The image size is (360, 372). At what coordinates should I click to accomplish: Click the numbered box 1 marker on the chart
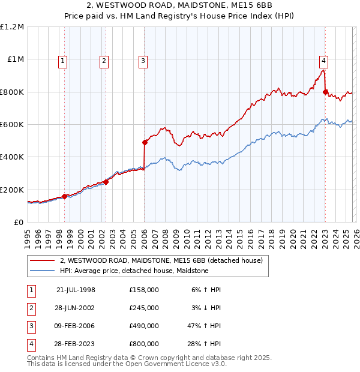click(x=64, y=60)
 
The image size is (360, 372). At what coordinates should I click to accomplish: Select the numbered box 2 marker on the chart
click(x=104, y=60)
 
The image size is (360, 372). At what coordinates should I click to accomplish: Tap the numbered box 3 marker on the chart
click(x=143, y=60)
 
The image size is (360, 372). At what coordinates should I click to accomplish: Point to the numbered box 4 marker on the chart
click(x=323, y=60)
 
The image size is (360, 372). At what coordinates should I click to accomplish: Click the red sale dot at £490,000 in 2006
click(x=145, y=143)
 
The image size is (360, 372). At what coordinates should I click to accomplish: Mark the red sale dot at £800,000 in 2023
click(x=325, y=92)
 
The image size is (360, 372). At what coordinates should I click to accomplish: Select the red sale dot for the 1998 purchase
click(x=65, y=196)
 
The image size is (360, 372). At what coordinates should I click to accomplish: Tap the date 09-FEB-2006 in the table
click(x=76, y=326)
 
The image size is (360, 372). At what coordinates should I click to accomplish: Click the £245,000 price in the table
click(x=143, y=308)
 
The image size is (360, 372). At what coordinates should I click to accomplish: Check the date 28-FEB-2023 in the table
click(x=76, y=344)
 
